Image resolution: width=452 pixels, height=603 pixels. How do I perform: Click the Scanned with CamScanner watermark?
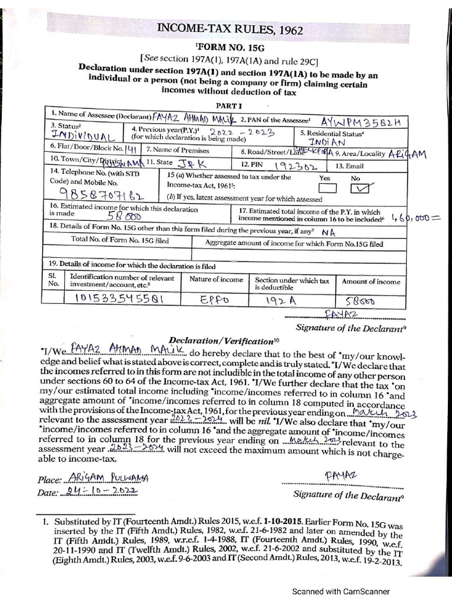pos(341,591)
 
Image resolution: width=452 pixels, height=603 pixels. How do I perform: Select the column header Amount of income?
pos(371,281)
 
